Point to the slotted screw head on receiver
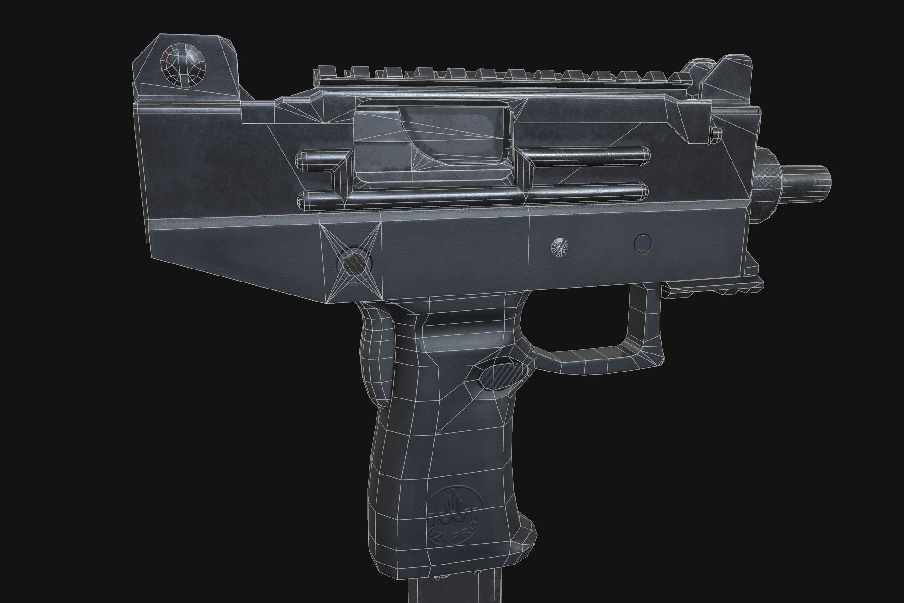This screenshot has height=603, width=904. (x=560, y=247)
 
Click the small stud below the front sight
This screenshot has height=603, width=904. (x=715, y=134)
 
